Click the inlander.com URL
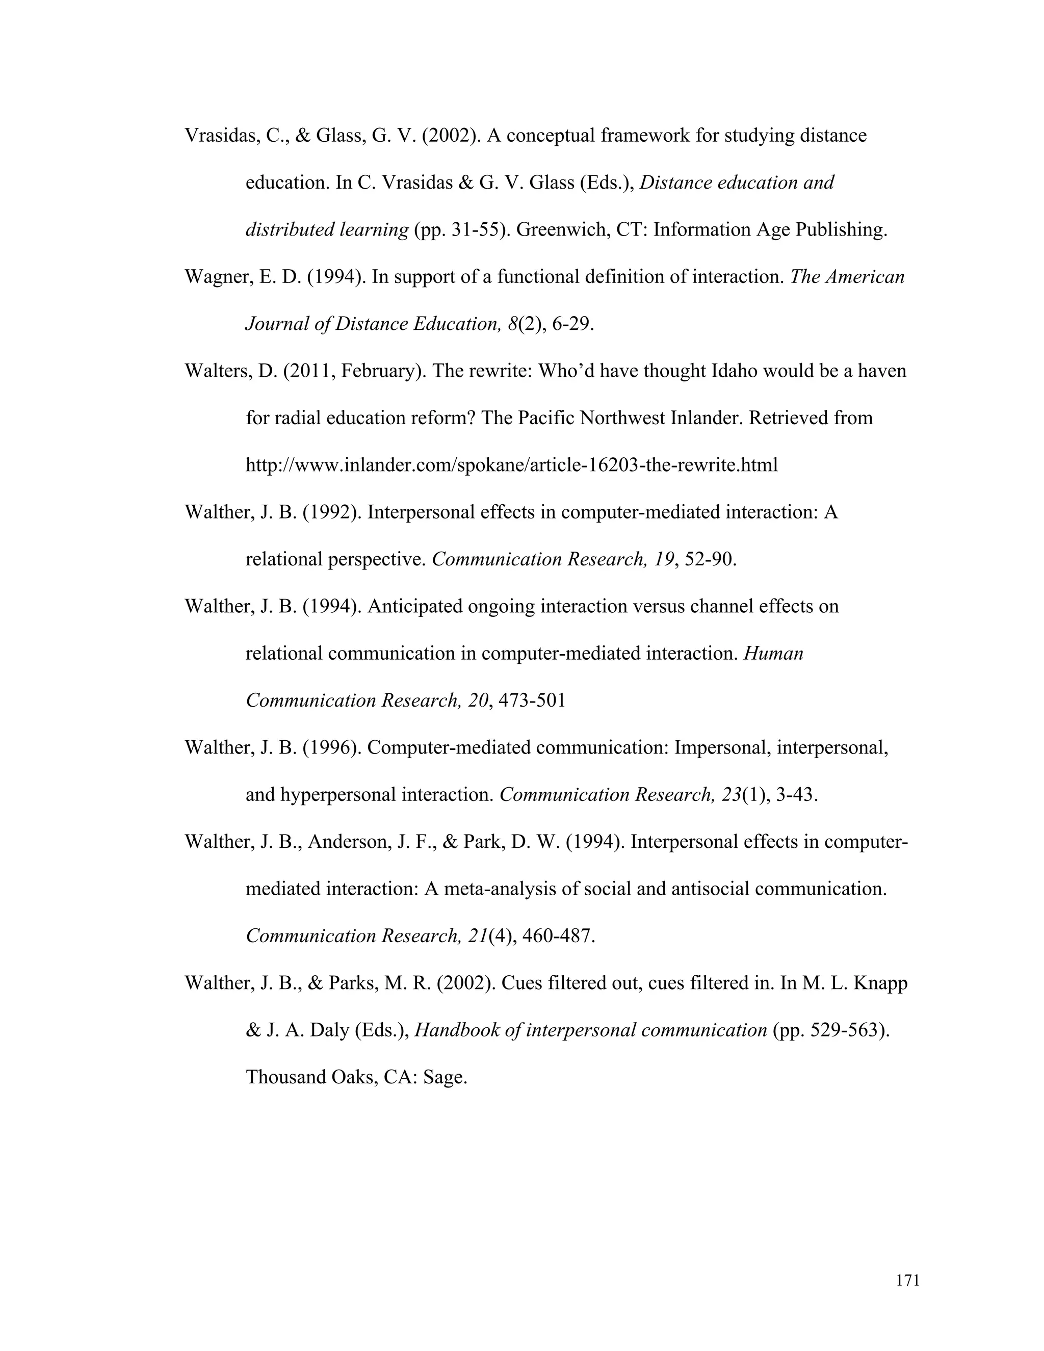click(511, 464)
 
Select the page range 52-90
click(710, 559)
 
